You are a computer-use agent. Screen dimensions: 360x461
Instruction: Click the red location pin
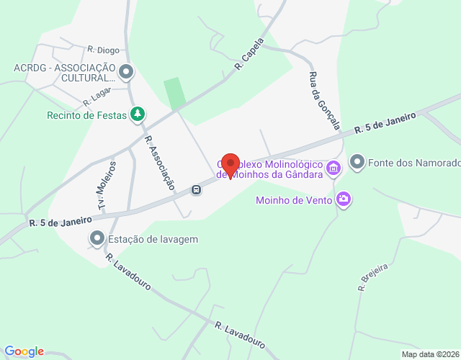[230, 165]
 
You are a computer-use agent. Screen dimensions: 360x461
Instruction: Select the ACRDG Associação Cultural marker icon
[127, 71]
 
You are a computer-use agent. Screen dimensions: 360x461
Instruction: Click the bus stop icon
[196, 190]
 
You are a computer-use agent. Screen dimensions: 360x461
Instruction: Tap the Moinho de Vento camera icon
[344, 199]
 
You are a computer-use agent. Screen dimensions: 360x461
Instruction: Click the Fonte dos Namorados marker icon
[357, 163]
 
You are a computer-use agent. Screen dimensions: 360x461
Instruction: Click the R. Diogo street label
[104, 50]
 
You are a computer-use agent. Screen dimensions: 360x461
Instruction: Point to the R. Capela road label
[250, 54]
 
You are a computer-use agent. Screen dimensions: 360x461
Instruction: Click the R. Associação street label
[160, 163]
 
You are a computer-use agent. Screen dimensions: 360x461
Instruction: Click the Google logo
[23, 351]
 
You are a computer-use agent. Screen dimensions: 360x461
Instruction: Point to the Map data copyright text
[429, 354]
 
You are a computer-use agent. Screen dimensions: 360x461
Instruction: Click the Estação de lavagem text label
[153, 239]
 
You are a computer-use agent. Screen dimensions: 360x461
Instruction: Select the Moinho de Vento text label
[294, 199]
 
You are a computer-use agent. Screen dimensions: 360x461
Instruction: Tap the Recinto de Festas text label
[86, 114]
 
